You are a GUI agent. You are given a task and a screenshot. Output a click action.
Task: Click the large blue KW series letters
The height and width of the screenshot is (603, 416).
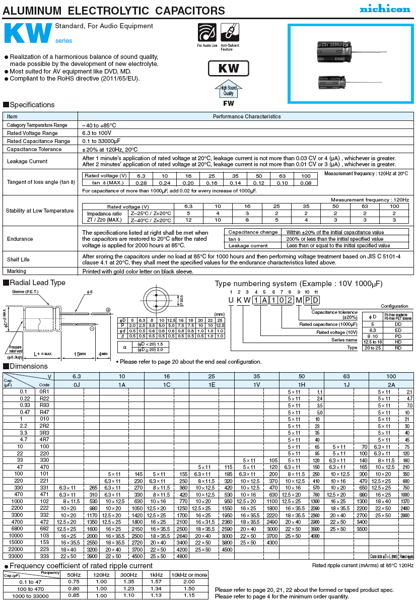click(28, 34)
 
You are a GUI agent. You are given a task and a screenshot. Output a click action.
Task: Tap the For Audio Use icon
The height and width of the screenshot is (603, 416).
click(207, 33)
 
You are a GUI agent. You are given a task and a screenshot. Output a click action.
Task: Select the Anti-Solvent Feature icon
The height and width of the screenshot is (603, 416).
click(230, 33)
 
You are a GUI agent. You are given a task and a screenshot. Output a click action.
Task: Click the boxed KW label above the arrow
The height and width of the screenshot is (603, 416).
click(229, 69)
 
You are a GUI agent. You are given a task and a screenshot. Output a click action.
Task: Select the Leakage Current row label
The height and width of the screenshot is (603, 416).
click(27, 161)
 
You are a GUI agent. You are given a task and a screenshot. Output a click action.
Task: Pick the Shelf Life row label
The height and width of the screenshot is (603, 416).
click(18, 259)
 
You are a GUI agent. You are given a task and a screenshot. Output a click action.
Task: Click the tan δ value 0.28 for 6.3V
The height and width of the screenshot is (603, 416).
click(141, 183)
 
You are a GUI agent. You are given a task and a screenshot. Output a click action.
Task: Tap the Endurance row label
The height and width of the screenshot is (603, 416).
click(20, 239)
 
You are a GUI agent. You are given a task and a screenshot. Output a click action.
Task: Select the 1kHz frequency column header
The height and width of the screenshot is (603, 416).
click(156, 575)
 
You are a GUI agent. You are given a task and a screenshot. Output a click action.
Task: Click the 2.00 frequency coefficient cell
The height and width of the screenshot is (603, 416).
click(189, 581)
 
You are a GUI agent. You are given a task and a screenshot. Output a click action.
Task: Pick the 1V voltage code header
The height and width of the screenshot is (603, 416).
click(256, 384)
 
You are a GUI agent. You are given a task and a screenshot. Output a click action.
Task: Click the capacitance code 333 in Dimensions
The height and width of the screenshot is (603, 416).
click(45, 556)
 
